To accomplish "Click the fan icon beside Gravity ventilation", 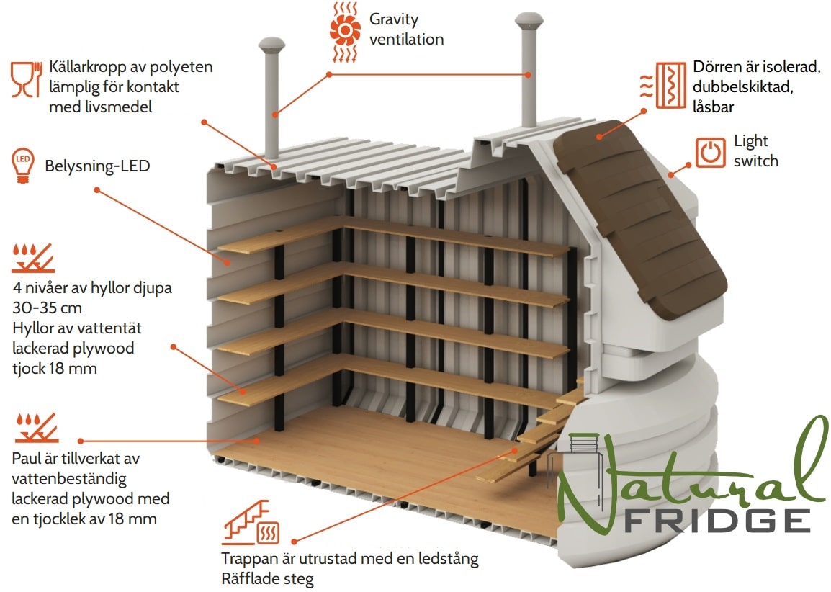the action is click(345, 32).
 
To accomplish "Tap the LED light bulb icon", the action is click(23, 166).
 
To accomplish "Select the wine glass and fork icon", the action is click(26, 79).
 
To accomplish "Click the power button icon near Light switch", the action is click(710, 153).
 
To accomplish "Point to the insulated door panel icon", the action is click(663, 86).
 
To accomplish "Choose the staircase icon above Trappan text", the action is click(250, 523).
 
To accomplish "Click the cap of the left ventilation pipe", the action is click(272, 45).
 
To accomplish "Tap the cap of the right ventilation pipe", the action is click(529, 21).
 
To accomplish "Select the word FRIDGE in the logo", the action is click(717, 521).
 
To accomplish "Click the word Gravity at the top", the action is click(394, 19).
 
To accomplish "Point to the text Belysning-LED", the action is click(97, 166).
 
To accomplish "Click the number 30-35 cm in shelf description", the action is click(48, 308).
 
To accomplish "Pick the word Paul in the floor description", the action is click(25, 459).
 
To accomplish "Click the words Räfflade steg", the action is click(268, 579).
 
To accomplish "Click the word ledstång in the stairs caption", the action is click(449, 559).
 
